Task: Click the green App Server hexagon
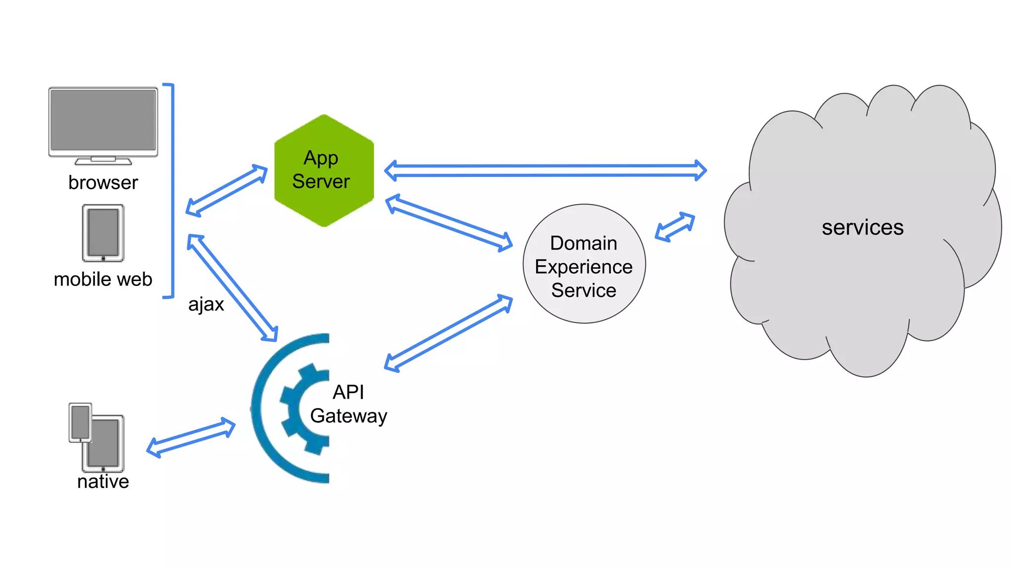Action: point(324,170)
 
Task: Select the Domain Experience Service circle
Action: point(584,264)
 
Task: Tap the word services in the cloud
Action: point(862,228)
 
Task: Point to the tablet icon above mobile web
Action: point(103,233)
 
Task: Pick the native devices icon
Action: point(97,437)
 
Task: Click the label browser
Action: point(103,183)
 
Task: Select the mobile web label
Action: point(103,280)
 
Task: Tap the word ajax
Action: point(206,304)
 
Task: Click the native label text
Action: point(103,482)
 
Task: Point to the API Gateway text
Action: point(348,404)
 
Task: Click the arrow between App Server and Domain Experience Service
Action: point(449,223)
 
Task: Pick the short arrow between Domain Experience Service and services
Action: point(675,227)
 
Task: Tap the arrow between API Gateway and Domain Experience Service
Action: point(449,333)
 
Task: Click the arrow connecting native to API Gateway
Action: point(191,437)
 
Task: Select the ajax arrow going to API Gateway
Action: point(232,288)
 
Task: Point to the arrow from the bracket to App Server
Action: point(226,191)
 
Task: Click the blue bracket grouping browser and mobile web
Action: point(172,191)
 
